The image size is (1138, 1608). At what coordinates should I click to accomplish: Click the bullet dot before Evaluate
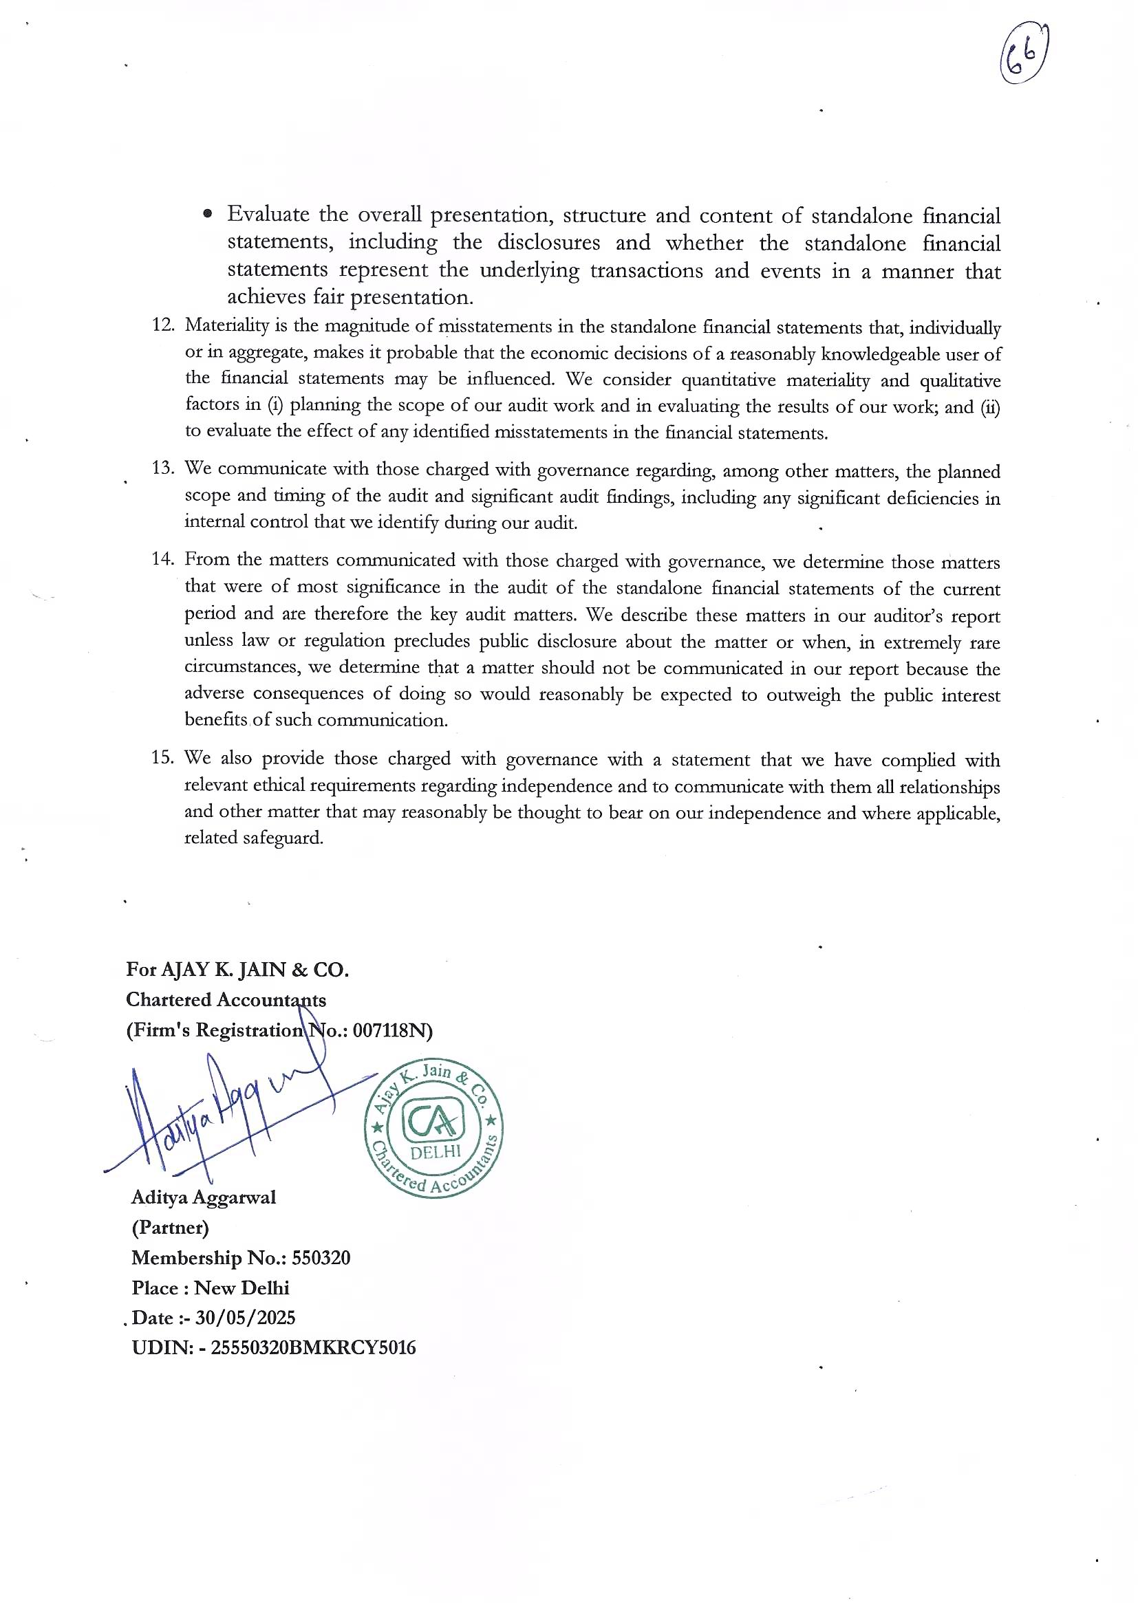(x=207, y=215)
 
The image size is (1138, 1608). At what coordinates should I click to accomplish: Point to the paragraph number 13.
(x=162, y=467)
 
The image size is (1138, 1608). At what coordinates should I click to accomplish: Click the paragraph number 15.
(x=162, y=757)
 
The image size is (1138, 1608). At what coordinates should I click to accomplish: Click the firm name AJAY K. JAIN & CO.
(x=255, y=969)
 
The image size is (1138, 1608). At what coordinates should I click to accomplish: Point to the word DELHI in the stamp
(x=435, y=1152)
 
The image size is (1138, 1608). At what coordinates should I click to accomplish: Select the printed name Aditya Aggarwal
(x=203, y=1197)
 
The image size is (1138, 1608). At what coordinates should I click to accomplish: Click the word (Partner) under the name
(x=169, y=1228)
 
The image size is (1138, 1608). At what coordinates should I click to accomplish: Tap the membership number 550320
(x=321, y=1258)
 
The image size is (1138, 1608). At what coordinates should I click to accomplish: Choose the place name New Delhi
(x=241, y=1288)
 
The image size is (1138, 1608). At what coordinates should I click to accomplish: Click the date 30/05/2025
(x=245, y=1318)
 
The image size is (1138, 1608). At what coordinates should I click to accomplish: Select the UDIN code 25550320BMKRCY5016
(x=313, y=1348)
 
